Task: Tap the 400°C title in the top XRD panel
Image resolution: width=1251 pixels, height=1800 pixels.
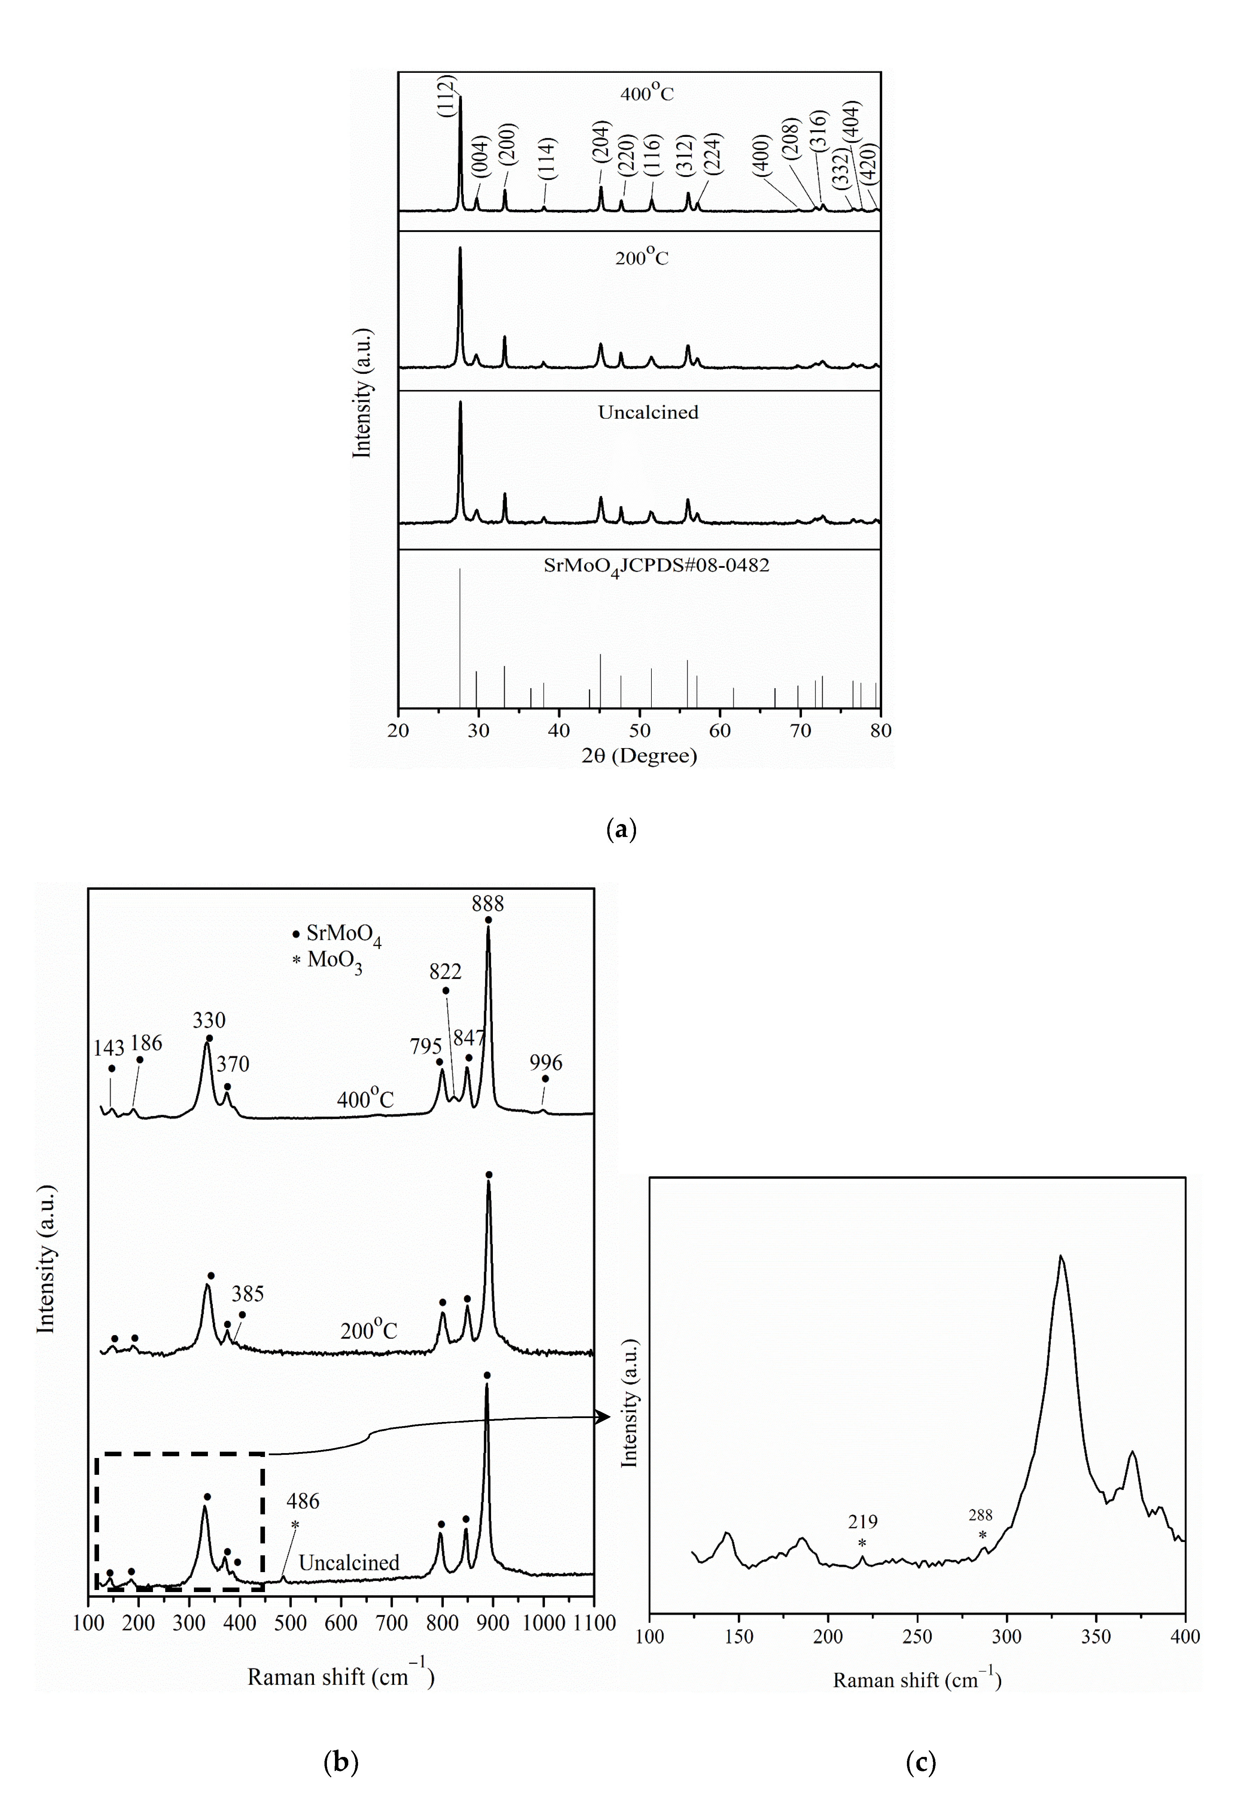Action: click(647, 93)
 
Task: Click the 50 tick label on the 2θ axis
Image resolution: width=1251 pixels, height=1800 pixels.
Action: click(640, 731)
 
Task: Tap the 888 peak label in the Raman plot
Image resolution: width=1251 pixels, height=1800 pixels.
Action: click(488, 904)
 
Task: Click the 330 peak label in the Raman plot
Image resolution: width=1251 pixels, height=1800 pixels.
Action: click(209, 1020)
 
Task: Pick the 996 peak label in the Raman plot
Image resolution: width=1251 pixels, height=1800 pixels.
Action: click(546, 1062)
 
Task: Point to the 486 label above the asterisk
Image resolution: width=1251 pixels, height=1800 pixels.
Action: click(302, 1501)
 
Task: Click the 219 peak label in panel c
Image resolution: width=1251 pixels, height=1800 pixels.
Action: click(862, 1522)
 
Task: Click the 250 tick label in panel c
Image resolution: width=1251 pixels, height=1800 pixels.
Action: click(917, 1637)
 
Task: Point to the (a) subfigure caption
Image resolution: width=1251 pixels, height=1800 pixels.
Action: click(622, 829)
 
